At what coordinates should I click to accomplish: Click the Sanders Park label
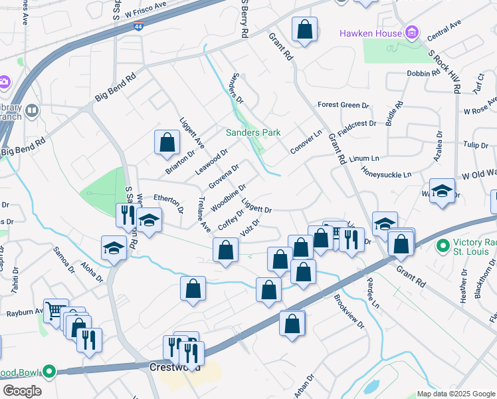tap(253, 133)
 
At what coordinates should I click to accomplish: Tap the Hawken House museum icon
tap(412, 33)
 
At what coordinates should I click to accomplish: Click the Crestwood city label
tap(171, 367)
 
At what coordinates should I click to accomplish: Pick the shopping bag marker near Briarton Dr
tap(167, 142)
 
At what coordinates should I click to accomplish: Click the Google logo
tap(22, 391)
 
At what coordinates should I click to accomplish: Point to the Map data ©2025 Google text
tap(456, 394)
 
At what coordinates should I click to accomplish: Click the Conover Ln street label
tap(306, 142)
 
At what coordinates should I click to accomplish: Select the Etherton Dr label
tap(169, 201)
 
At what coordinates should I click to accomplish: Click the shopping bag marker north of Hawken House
tap(304, 29)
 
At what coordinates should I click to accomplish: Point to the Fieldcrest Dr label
tap(357, 124)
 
